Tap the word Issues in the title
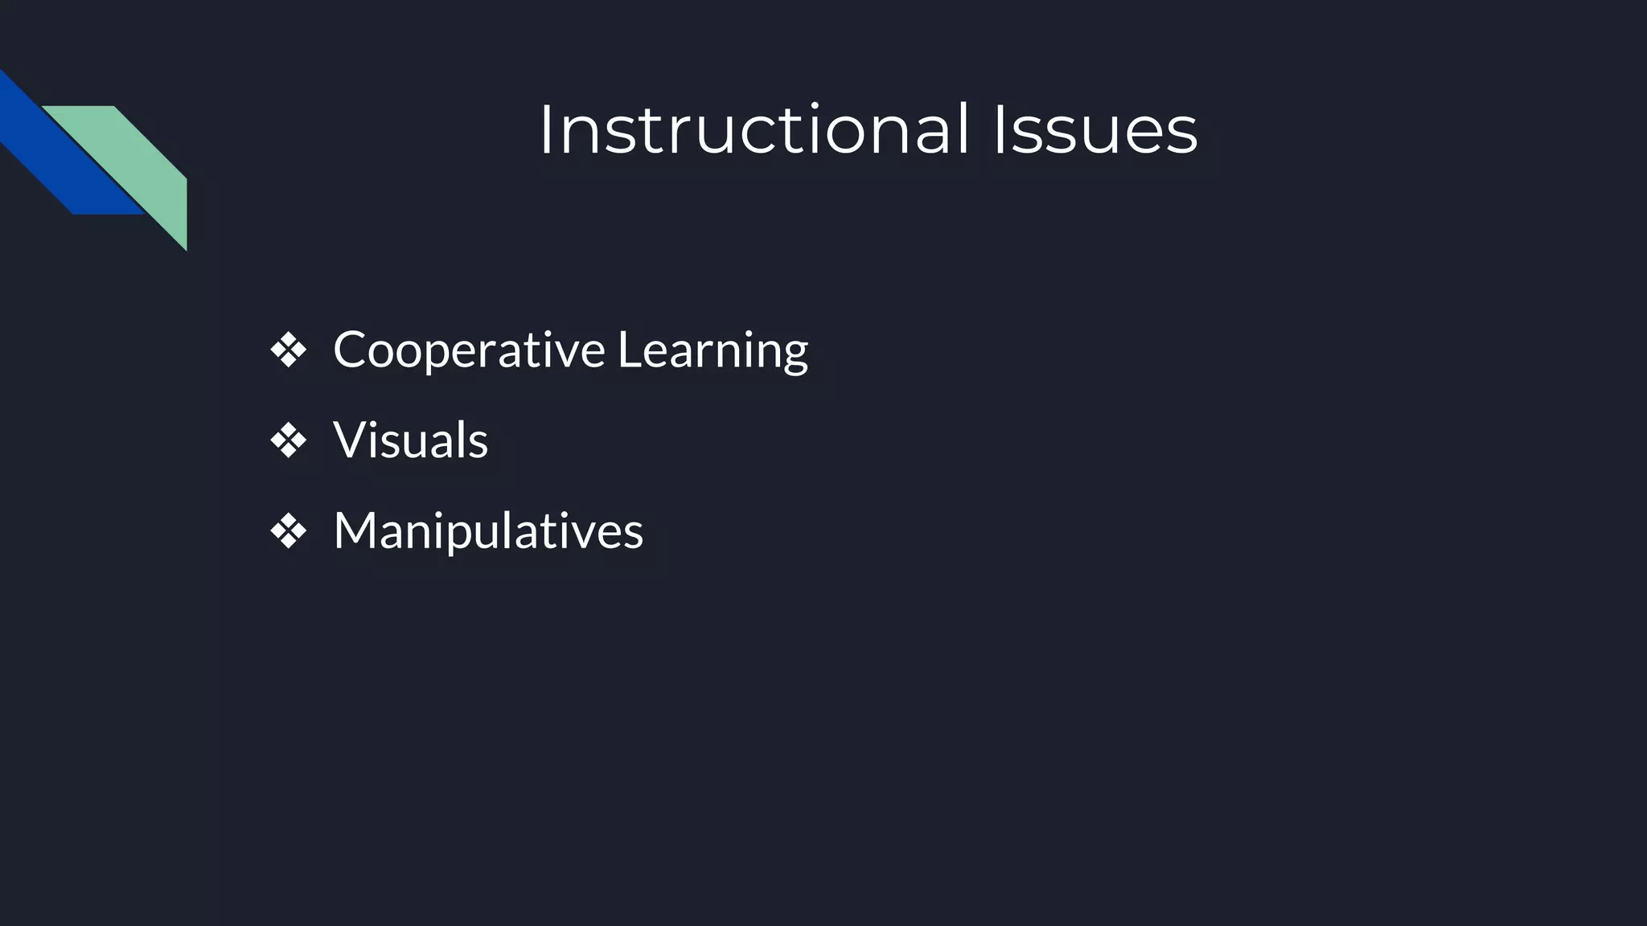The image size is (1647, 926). point(1095,130)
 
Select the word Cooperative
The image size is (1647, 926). point(469,350)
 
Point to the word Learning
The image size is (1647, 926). point(713,351)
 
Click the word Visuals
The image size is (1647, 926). point(410,440)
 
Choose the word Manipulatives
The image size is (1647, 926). point(488,531)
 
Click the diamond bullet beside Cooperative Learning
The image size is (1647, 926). point(288,350)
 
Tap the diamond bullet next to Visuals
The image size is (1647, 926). point(288,441)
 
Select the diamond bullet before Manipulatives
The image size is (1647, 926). point(288,531)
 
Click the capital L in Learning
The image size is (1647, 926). point(628,350)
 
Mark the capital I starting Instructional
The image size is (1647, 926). point(545,130)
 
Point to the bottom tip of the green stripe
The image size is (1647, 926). point(186,248)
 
